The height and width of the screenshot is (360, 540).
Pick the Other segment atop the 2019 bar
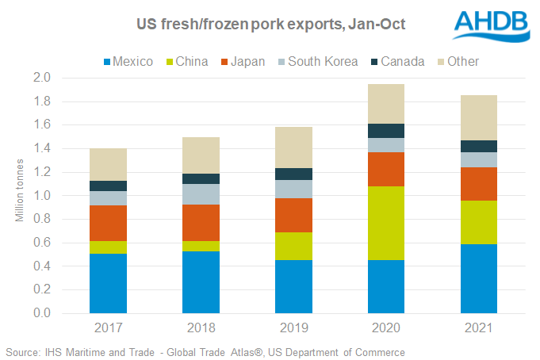(x=291, y=147)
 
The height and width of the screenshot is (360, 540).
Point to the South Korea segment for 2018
(x=200, y=194)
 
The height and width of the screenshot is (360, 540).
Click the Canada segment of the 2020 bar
(x=383, y=131)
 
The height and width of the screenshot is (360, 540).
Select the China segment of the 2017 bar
(x=108, y=247)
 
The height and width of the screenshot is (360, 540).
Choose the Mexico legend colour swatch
(x=107, y=61)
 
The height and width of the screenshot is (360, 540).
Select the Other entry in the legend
(x=463, y=61)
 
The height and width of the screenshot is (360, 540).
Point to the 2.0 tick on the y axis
(x=64, y=78)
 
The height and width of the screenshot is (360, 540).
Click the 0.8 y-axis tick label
(x=64, y=219)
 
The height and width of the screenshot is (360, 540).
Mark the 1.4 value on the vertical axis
(x=64, y=148)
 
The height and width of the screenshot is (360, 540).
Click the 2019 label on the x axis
(x=291, y=327)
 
